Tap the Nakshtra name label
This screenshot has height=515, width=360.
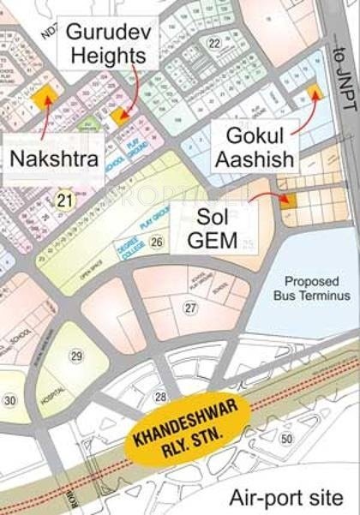click(x=49, y=158)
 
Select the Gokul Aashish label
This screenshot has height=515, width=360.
click(x=255, y=147)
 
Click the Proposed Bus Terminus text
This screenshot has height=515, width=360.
click(x=311, y=289)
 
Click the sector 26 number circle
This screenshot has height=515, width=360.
click(x=155, y=243)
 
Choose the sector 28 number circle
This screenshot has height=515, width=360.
click(x=160, y=396)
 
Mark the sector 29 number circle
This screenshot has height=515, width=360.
click(x=76, y=356)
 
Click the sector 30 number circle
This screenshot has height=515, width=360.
click(x=10, y=401)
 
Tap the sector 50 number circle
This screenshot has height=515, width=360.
click(x=286, y=439)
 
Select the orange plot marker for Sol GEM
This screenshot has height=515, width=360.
click(x=287, y=201)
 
